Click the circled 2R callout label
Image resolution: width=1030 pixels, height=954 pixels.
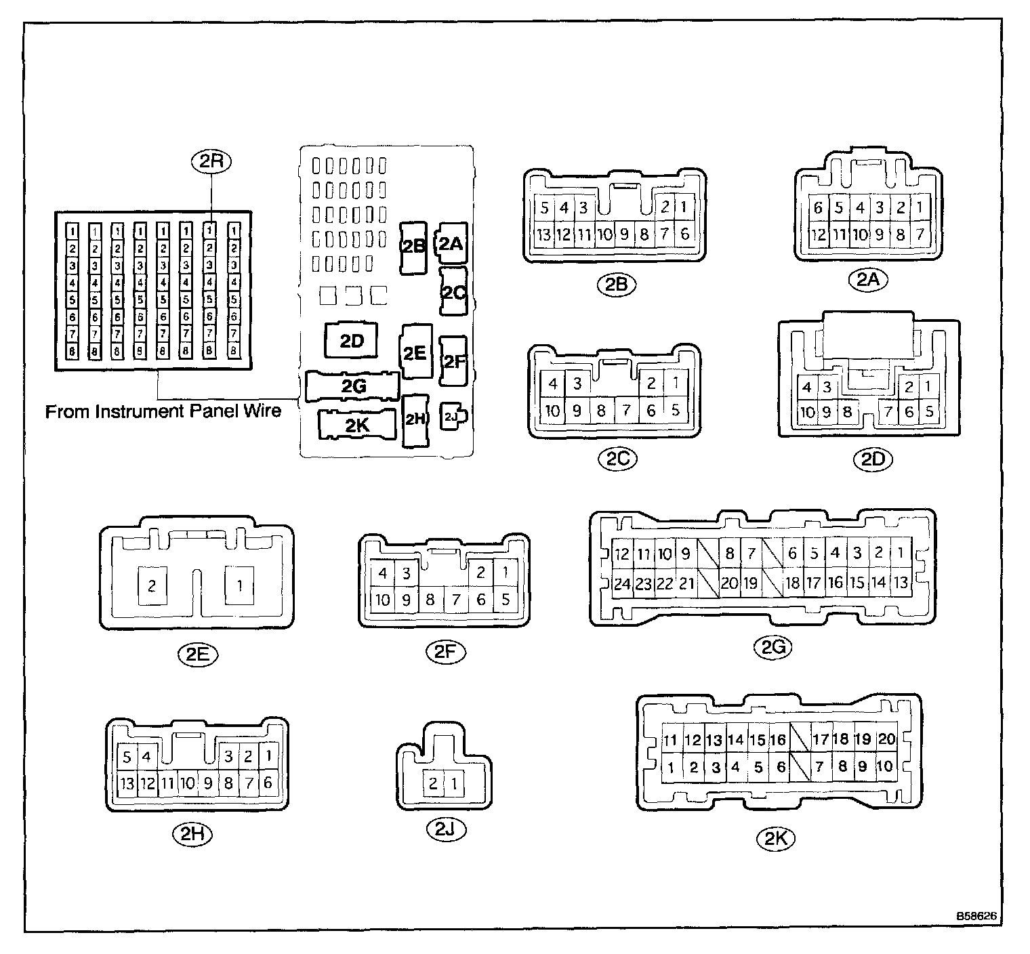tap(212, 161)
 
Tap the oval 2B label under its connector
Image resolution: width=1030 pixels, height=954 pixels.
tap(616, 285)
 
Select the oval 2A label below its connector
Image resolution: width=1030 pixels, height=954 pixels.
tap(868, 279)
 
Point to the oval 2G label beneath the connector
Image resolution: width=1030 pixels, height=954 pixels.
tap(773, 648)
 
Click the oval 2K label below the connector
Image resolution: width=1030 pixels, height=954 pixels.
tap(775, 839)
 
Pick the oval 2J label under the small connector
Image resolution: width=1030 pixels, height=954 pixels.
tap(445, 829)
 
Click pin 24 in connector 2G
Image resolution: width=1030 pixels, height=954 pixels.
tap(622, 583)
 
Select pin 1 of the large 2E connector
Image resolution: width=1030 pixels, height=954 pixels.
tap(239, 585)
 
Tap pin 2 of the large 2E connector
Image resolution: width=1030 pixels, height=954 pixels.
tap(152, 585)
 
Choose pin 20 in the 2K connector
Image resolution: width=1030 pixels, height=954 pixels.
tap(886, 739)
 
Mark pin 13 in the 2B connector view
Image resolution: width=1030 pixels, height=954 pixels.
tap(543, 235)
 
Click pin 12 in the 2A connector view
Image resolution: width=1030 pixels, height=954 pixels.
tap(819, 235)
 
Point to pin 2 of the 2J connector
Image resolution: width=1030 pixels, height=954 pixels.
tap(433, 784)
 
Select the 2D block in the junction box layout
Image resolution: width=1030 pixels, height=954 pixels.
tap(352, 341)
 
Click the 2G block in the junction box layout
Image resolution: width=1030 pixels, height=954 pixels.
tap(353, 386)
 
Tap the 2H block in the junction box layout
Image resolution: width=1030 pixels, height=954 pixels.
tap(415, 420)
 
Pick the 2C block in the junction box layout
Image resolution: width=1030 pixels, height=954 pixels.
tap(453, 292)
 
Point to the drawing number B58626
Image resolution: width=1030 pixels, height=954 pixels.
tap(976, 916)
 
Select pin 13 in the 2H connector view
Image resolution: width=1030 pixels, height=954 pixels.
tap(127, 783)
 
